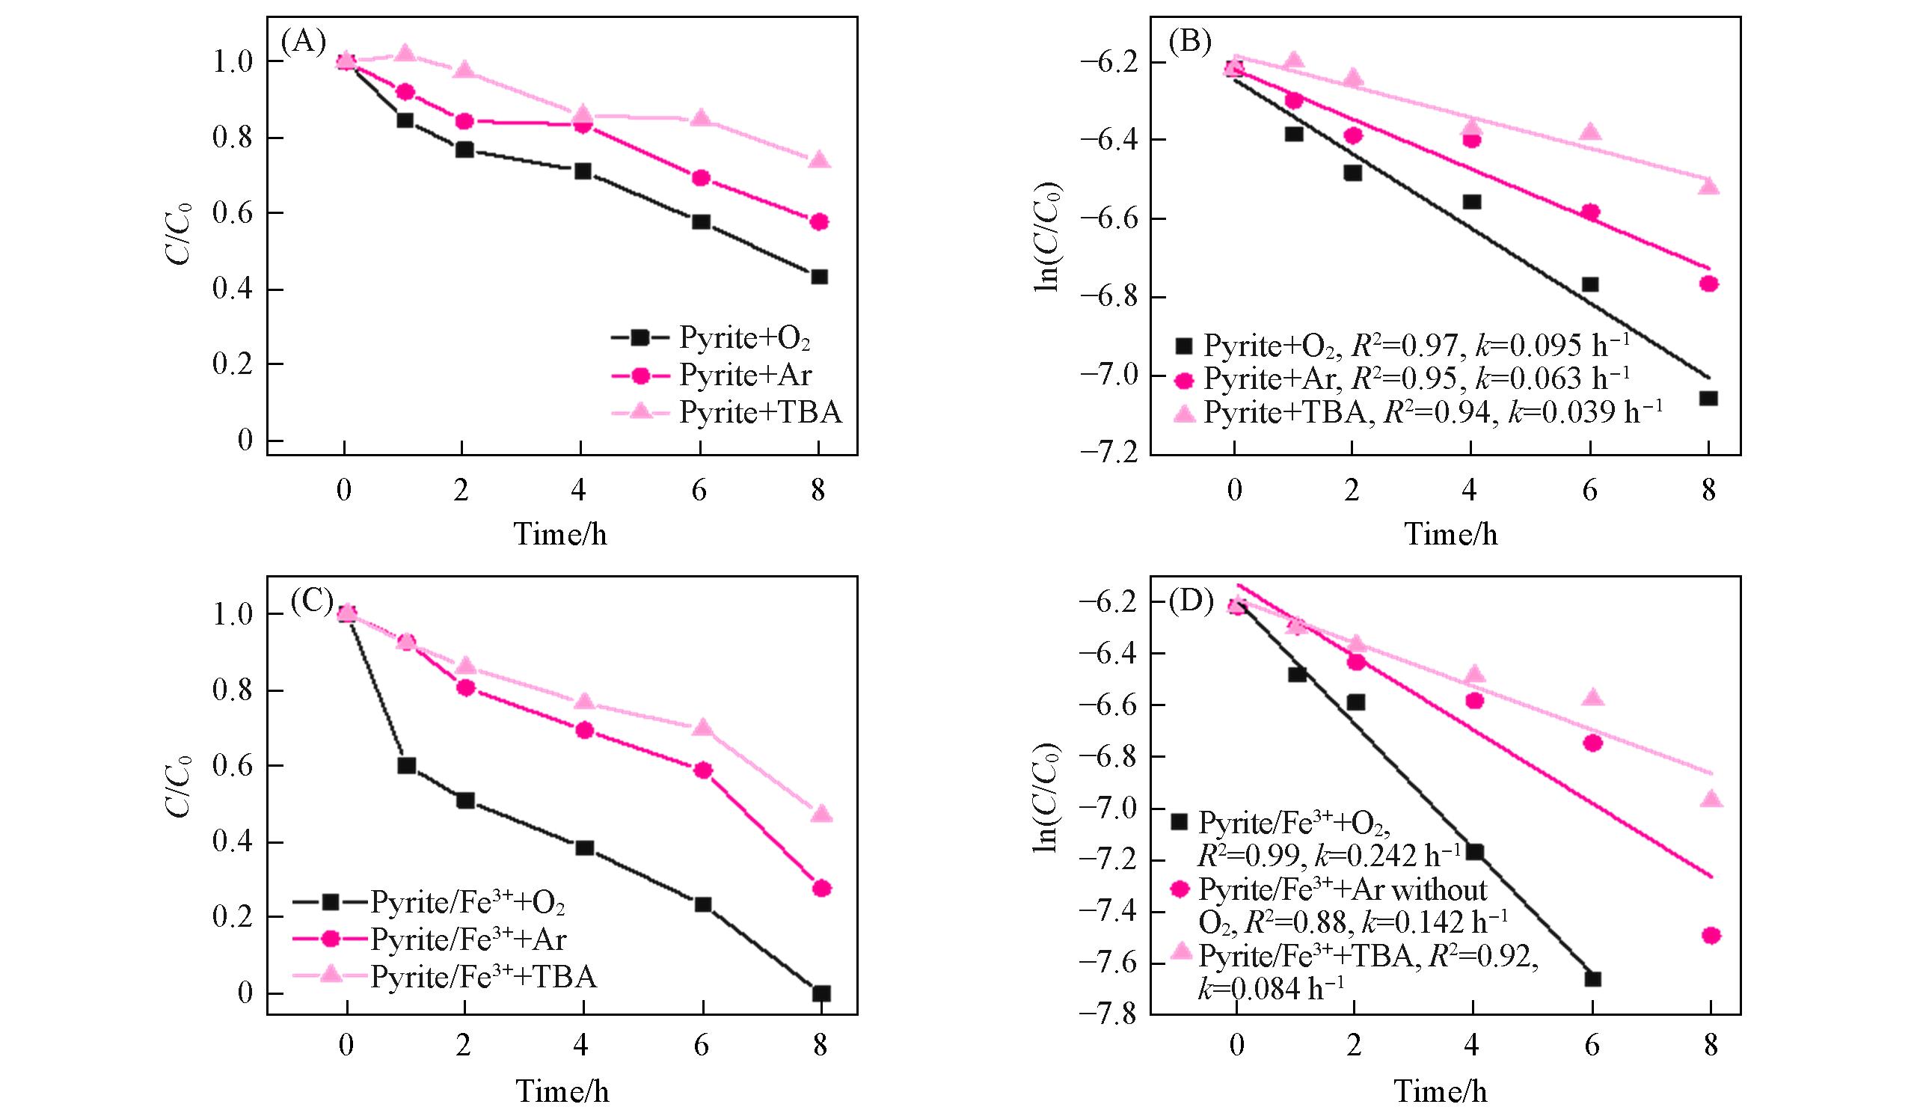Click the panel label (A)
(x=303, y=41)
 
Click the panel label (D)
(x=1190, y=602)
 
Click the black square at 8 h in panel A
(x=819, y=277)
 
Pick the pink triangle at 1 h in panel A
(x=405, y=52)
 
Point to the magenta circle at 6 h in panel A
(x=701, y=178)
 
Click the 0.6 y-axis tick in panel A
(x=233, y=214)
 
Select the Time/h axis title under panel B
(x=1451, y=534)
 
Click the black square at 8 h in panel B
(x=1708, y=399)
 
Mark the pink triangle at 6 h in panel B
(x=1590, y=132)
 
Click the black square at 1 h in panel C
(x=407, y=765)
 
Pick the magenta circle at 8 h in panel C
(x=821, y=888)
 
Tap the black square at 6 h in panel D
(x=1592, y=979)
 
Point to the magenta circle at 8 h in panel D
(x=1711, y=936)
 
